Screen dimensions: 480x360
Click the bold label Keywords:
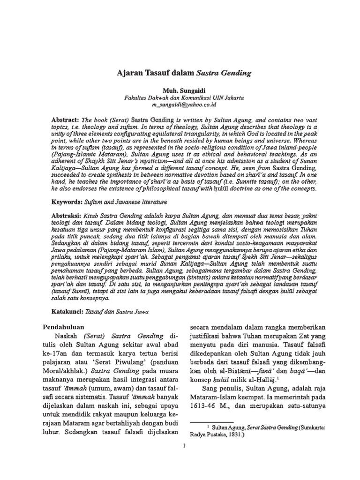(x=67, y=202)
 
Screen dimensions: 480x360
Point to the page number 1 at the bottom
(x=184, y=445)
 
